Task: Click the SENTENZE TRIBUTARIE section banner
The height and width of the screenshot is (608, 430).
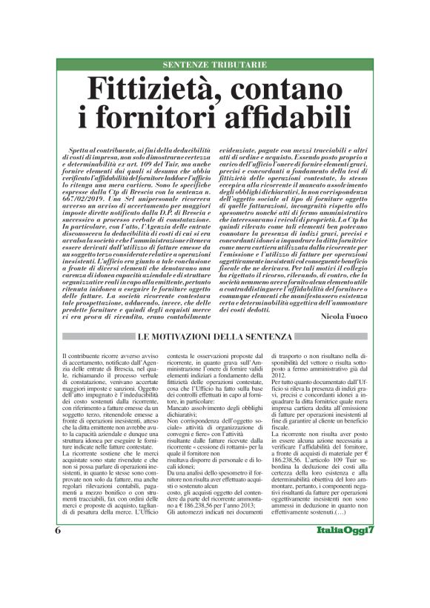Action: click(x=214, y=65)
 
